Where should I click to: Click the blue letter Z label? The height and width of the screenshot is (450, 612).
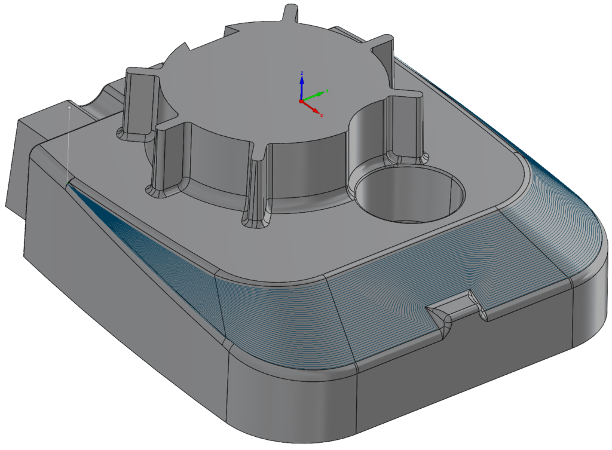(x=302, y=72)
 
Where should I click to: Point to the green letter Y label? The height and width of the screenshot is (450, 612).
(x=327, y=91)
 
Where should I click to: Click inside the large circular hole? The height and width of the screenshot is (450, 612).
(x=412, y=197)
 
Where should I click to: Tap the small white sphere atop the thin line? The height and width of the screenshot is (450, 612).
(x=70, y=108)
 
